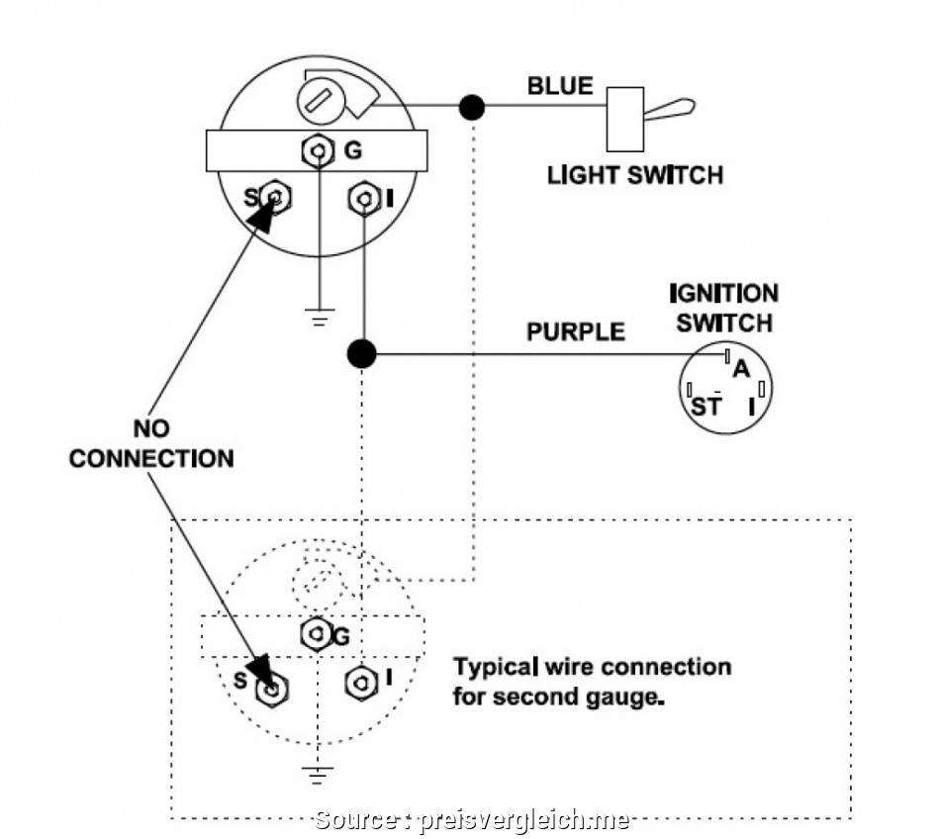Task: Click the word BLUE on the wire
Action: tap(560, 86)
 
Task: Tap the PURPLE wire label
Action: tap(576, 331)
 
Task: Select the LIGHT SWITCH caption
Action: tap(635, 175)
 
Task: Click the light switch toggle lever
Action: tap(669, 109)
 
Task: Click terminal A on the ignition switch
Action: tap(740, 369)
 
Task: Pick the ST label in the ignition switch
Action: tap(705, 408)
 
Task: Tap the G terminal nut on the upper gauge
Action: tap(317, 151)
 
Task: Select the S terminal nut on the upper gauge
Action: tap(276, 198)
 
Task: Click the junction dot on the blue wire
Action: tap(473, 105)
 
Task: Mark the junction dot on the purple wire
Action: tap(363, 353)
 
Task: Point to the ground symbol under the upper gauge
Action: tap(318, 319)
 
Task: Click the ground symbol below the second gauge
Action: tap(317, 775)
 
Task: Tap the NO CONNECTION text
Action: tap(151, 444)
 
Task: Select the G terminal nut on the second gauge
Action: tap(316, 633)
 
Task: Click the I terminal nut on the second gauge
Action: tap(361, 682)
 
